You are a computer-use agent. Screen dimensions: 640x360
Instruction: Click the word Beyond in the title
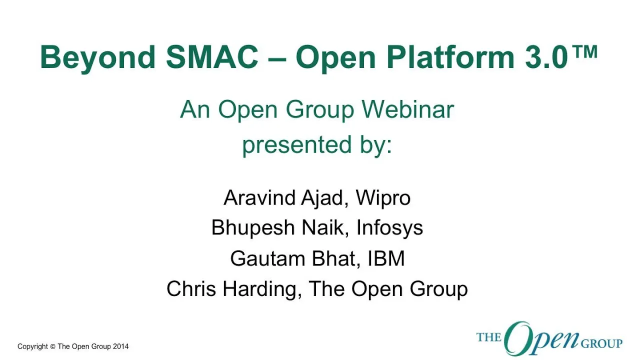point(97,58)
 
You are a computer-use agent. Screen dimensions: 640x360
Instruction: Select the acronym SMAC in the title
point(212,57)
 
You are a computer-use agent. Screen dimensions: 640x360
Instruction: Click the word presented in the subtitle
point(296,145)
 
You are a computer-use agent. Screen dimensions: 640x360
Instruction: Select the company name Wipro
point(383,198)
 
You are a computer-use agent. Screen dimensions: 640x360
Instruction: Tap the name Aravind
point(259,197)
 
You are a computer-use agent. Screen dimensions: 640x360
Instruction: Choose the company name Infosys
point(389,228)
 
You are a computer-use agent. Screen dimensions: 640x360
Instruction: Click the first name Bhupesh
point(253,228)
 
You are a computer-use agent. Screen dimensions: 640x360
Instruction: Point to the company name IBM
point(386,258)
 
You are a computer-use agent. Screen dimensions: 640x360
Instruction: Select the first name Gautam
point(267,258)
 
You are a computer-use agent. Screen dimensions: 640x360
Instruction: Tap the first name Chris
point(191,289)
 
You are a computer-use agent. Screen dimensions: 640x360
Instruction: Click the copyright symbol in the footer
point(52,346)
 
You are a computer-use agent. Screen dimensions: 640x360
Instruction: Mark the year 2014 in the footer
point(120,346)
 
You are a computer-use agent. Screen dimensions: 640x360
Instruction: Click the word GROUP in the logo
point(601,343)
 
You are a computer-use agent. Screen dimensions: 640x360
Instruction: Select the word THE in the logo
point(489,337)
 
